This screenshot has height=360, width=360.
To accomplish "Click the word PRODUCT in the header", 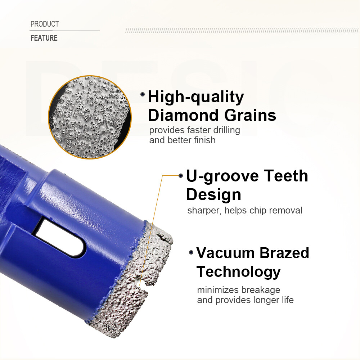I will point(44,24).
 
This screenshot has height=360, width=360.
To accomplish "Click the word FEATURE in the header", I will point(44,38).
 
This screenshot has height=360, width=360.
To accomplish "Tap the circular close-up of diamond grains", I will point(90,117).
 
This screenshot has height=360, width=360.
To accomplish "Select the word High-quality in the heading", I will point(196,97).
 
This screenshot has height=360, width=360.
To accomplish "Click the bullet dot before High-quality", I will point(143,94).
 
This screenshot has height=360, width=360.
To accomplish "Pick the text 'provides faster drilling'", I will point(194,130).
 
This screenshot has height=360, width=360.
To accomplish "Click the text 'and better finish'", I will point(182,140).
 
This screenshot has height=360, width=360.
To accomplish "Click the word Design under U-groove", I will point(213,194).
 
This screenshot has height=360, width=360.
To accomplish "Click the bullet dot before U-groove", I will point(181,175).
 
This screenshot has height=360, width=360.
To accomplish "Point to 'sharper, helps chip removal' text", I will point(244,210).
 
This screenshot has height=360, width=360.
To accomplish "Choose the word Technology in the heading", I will point(238,271).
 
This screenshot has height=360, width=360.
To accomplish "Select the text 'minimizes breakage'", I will point(238,290).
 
